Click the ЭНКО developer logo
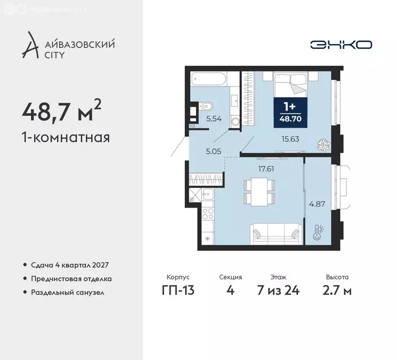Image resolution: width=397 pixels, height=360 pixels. [x=341, y=45]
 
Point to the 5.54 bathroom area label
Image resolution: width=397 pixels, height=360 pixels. [x=213, y=119]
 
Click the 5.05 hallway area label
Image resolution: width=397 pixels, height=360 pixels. [x=213, y=151]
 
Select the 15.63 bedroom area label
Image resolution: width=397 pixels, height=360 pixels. [x=290, y=139]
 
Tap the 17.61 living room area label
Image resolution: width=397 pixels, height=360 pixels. [x=265, y=169]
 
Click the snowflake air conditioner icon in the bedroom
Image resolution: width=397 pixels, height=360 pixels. [x=322, y=143]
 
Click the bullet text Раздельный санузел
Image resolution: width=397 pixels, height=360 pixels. [x=67, y=292]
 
